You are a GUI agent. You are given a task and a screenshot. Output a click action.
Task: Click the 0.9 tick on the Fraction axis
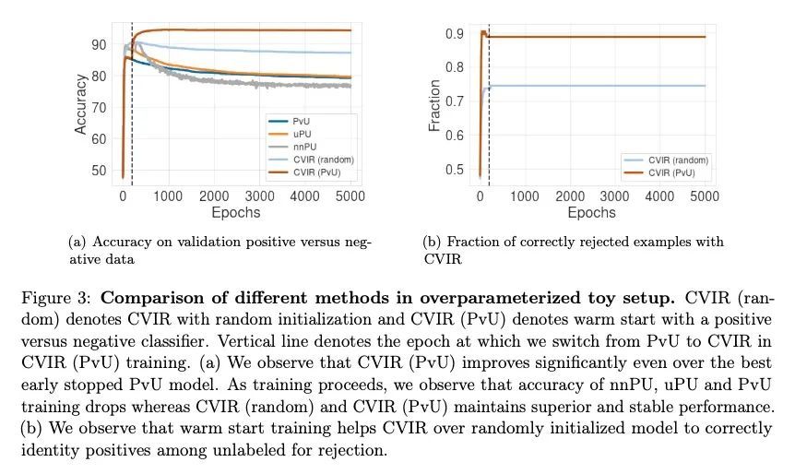click(x=455, y=33)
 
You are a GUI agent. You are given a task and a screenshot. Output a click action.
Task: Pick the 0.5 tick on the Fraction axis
click(x=455, y=170)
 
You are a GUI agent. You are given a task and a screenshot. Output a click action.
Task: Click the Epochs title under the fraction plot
click(x=591, y=212)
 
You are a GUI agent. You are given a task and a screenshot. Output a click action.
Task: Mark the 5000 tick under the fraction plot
click(x=704, y=196)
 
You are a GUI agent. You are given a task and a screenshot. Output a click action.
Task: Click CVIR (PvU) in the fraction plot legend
click(x=670, y=172)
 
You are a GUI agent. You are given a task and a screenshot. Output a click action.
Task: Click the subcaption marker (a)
click(x=77, y=243)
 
